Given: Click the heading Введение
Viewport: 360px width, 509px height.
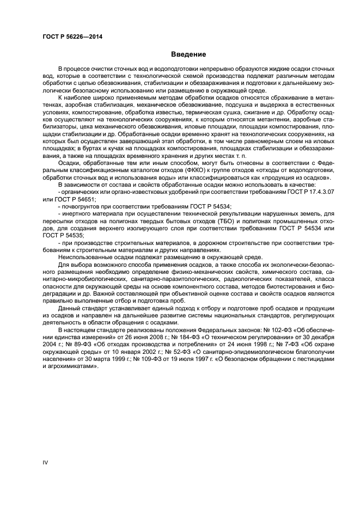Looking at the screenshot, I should [188, 54].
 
